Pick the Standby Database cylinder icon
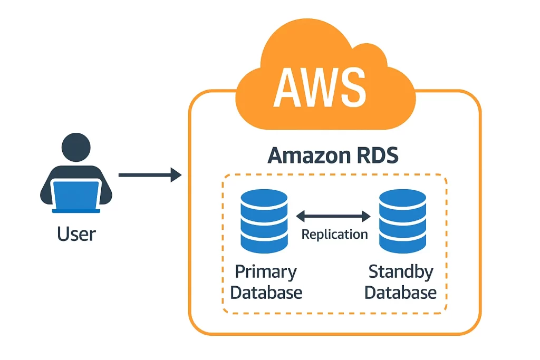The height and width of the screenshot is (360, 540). (402, 221)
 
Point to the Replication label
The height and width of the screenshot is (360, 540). (334, 234)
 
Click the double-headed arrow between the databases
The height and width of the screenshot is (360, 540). (334, 216)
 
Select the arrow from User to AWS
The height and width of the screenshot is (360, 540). (150, 174)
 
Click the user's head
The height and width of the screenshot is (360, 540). (76, 147)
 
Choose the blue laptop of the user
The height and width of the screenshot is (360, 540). (76, 196)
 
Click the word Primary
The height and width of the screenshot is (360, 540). (266, 272)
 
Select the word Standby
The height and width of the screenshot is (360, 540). (401, 272)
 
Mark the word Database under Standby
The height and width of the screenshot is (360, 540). (401, 293)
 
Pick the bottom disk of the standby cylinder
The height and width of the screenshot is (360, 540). (402, 242)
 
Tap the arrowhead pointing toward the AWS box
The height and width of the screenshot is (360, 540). (176, 174)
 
